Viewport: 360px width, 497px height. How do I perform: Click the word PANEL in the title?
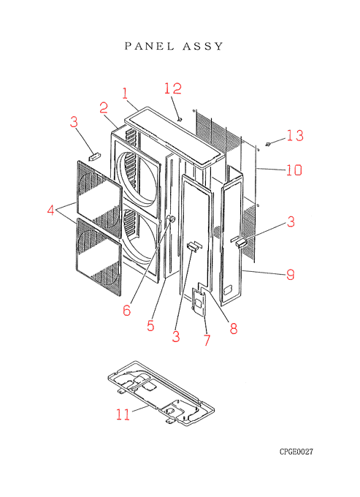tap(150, 46)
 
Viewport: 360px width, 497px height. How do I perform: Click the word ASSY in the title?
tap(203, 46)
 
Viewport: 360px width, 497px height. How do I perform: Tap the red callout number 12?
tap(173, 88)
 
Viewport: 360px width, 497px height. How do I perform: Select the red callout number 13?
tap(296, 135)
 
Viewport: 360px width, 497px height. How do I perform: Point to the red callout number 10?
tap(294, 170)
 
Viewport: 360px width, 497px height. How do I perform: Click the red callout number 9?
tap(291, 275)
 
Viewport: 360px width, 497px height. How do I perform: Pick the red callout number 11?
tap(123, 414)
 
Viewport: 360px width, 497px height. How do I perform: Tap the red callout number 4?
tap(50, 210)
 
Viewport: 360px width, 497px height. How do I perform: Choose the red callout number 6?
tap(126, 310)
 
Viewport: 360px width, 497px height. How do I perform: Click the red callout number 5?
tap(150, 325)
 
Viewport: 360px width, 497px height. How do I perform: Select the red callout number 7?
tap(207, 340)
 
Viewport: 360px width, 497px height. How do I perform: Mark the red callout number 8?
tap(234, 328)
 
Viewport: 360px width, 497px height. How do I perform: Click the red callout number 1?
tap(125, 94)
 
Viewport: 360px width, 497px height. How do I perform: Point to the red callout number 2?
tap(104, 107)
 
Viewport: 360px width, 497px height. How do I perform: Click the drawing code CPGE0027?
tap(296, 452)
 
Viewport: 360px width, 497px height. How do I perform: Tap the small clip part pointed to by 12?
tap(180, 119)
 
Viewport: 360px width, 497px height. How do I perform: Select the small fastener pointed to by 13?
tap(268, 145)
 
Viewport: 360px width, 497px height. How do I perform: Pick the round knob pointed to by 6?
tap(171, 219)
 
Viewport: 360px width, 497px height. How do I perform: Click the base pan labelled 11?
tap(161, 393)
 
